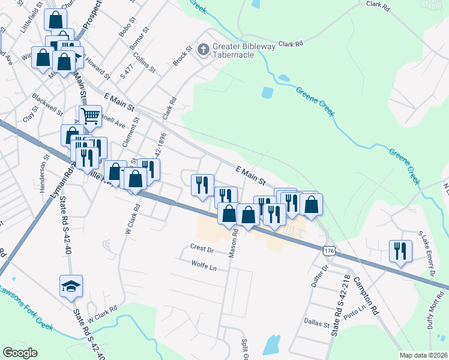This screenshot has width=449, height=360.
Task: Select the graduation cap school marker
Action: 71,286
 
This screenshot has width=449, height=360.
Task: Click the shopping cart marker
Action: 90,115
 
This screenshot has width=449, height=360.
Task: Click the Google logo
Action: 20,353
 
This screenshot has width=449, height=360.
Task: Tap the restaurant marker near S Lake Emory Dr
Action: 400,250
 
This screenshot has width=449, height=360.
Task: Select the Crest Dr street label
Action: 202,248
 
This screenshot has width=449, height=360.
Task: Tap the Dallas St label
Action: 318,325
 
